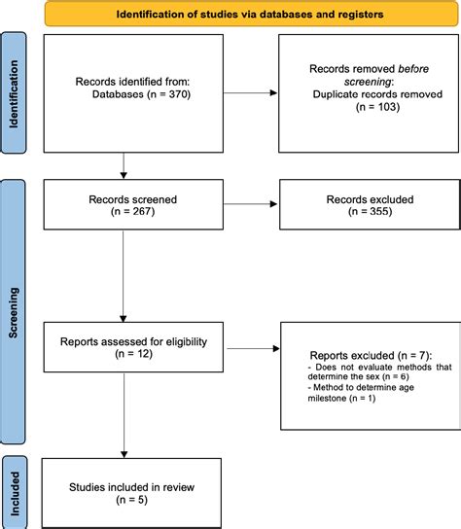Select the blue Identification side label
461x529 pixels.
14,93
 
